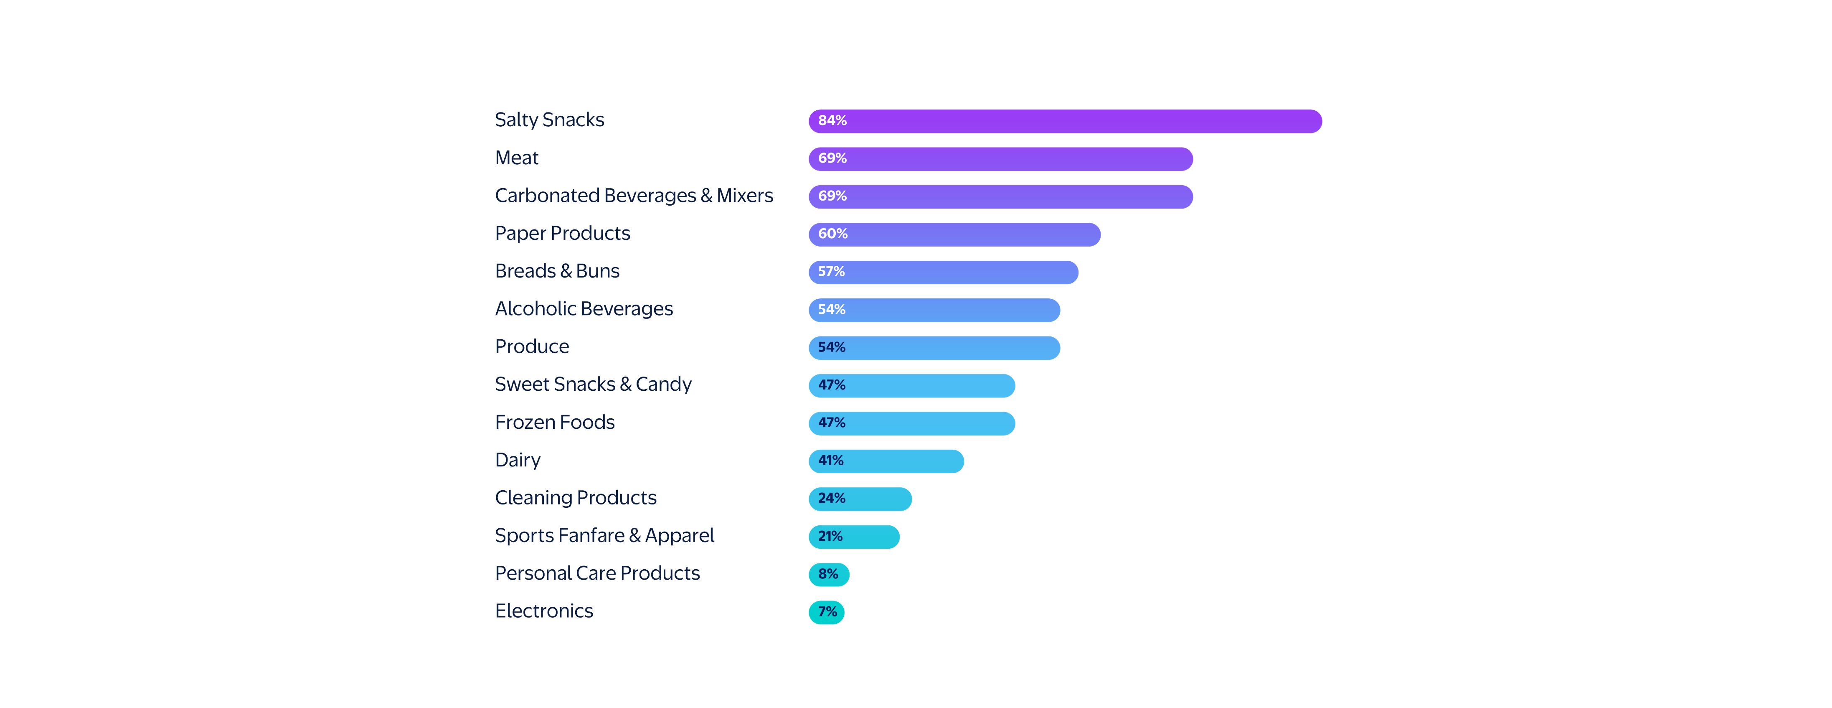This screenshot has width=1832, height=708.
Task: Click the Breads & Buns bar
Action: [x=943, y=272]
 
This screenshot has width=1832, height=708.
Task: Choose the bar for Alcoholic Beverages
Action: [x=934, y=310]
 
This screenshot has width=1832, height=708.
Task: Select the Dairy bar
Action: [x=886, y=461]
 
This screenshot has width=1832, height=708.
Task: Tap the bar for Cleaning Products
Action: [x=860, y=499]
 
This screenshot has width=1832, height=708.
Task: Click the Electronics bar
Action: [x=826, y=612]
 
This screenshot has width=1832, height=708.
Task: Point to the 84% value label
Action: [x=832, y=121]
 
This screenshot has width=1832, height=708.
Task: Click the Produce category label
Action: [x=532, y=346]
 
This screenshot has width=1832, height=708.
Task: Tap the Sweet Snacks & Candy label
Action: [x=593, y=384]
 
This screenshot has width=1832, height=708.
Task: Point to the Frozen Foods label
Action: [x=555, y=422]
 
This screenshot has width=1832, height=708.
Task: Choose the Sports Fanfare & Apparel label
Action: [x=604, y=535]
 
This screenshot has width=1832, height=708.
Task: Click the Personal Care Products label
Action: [x=597, y=573]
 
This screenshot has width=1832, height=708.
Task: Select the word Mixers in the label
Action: [x=745, y=196]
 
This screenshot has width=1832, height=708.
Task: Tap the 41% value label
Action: [x=831, y=461]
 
